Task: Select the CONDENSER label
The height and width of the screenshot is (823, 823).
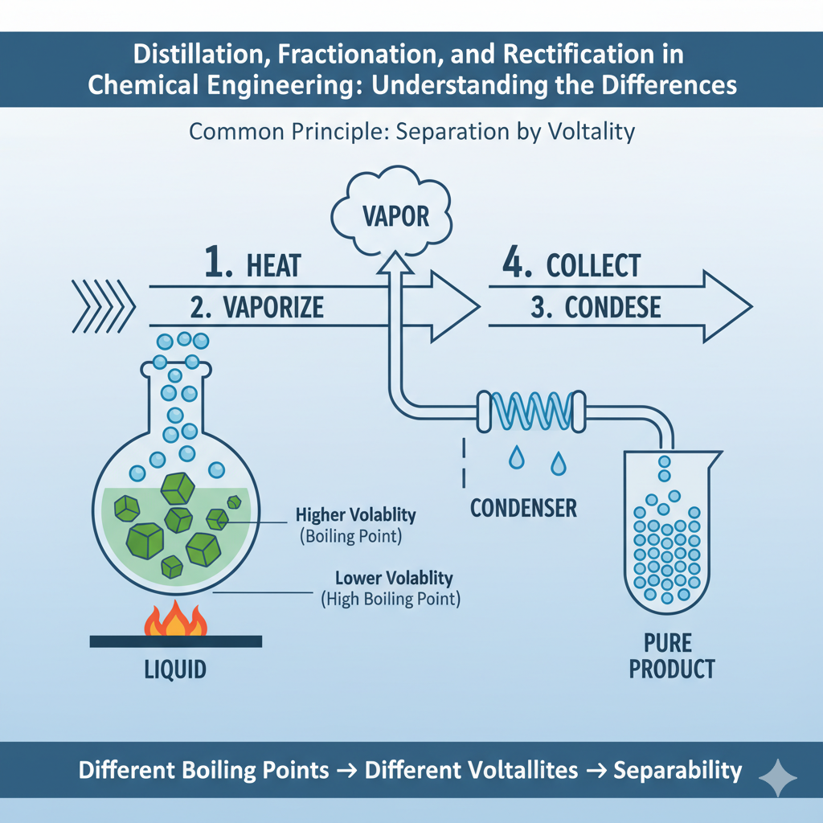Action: (523, 508)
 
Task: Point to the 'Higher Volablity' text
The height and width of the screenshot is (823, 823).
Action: (356, 515)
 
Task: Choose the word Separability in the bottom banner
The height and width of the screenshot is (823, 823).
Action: (678, 770)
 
